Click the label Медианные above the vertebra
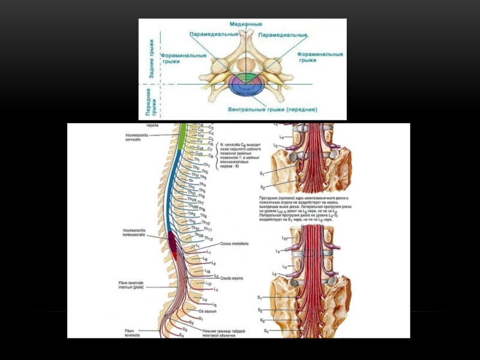(246, 25)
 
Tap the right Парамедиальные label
(283, 35)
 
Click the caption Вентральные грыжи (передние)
(272, 110)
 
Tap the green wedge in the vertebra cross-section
(246, 77)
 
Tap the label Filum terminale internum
(134, 284)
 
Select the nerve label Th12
(209, 239)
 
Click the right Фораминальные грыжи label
(320, 57)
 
